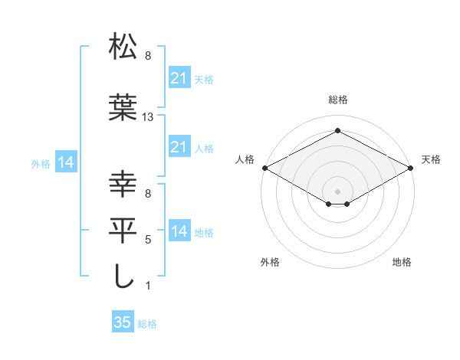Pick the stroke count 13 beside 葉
148,117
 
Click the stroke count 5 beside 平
148,240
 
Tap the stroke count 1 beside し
148,286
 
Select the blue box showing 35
123,322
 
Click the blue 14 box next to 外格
65,162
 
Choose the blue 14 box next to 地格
179,232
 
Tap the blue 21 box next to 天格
179,78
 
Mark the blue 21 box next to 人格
179,147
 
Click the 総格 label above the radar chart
337,100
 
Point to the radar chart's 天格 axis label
431,159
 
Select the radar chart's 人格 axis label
245,159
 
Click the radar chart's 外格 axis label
270,262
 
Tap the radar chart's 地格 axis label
402,262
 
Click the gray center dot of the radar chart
337,191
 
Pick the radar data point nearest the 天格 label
410,168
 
